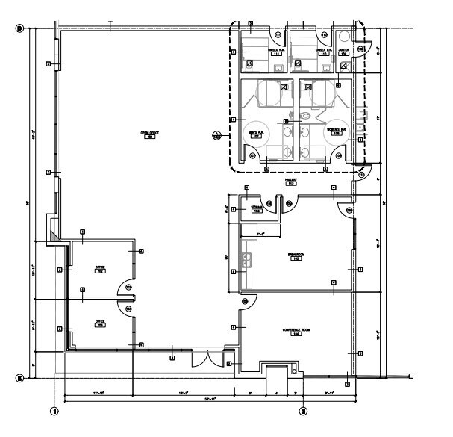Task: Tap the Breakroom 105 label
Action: [296, 256]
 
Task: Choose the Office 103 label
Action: [99, 324]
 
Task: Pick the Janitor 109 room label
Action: [344, 52]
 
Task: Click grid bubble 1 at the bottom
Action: [54, 410]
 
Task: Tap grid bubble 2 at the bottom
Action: [303, 410]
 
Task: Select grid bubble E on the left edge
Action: [21, 379]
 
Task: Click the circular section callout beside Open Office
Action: [216, 136]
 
